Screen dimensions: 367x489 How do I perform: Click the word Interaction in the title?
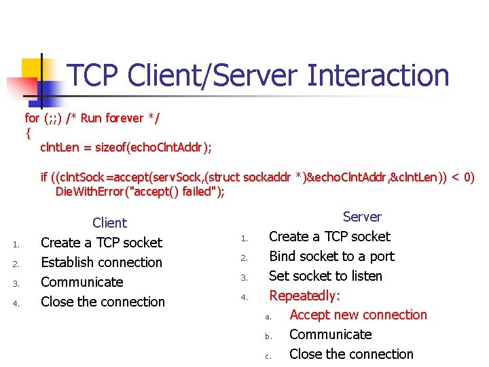(x=378, y=75)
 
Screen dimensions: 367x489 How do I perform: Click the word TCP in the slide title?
(x=95, y=75)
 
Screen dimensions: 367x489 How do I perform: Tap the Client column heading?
(x=109, y=223)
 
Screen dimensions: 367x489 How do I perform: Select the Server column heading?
(x=362, y=217)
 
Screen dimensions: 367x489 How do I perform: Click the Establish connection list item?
(x=101, y=262)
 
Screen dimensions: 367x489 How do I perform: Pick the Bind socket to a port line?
(x=331, y=256)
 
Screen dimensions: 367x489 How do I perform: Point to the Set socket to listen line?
(x=325, y=276)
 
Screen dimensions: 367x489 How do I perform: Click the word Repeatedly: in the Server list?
(x=304, y=296)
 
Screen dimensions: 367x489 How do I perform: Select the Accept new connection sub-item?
(x=358, y=315)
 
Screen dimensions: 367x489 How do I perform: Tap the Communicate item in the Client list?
(x=81, y=282)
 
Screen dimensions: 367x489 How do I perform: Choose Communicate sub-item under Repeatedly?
(x=330, y=334)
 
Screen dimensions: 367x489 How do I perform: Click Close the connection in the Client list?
(x=103, y=302)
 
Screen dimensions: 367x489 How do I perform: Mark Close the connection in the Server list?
(x=350, y=354)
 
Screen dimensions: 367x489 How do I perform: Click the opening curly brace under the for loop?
(x=28, y=133)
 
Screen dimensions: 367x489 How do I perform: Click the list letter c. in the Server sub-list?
(x=268, y=355)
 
